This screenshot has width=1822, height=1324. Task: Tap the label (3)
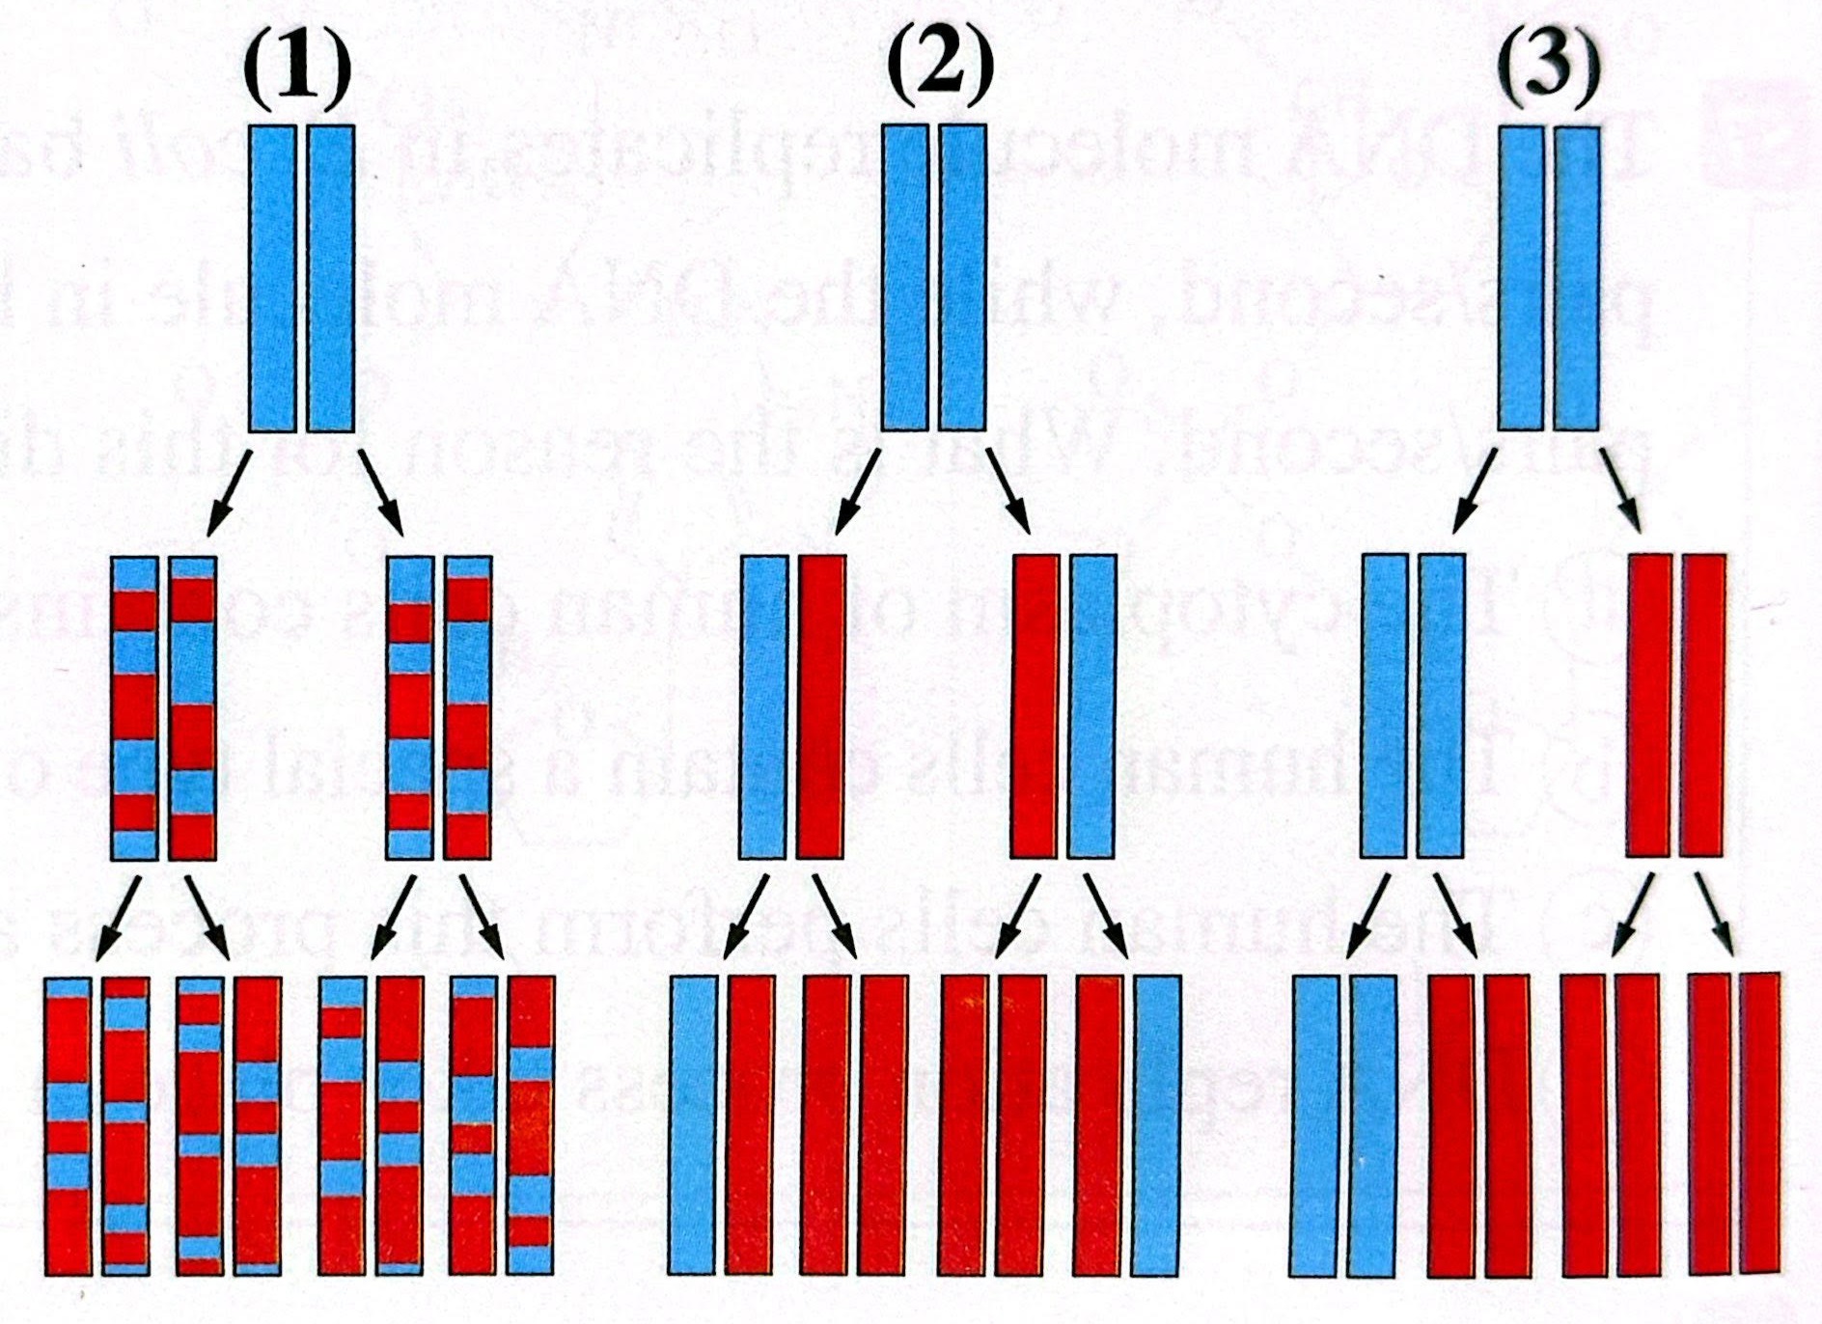(1548, 68)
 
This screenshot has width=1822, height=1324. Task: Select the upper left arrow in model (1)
(230, 492)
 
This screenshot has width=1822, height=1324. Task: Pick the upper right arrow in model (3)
(1621, 490)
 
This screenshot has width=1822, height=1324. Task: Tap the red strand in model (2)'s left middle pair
(822, 706)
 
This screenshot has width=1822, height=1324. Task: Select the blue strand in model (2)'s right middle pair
(1092, 706)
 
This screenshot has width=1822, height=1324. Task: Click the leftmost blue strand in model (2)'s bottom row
(693, 1124)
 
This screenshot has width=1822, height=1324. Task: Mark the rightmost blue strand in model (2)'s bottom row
(1157, 1124)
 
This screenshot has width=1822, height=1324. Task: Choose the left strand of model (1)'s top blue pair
(272, 278)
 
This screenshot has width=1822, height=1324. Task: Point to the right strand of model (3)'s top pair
(1578, 278)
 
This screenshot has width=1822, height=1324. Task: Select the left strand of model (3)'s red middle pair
(1649, 704)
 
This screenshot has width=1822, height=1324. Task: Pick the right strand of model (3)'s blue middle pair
(1442, 704)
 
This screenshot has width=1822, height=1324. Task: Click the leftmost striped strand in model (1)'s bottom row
(69, 1124)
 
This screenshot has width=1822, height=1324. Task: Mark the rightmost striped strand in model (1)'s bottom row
(532, 1124)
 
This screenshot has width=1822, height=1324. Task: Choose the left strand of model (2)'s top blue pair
(905, 278)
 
